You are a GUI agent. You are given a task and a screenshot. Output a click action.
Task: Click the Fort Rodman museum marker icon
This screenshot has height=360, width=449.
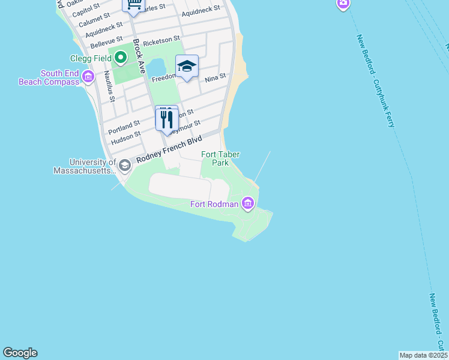click(x=248, y=204)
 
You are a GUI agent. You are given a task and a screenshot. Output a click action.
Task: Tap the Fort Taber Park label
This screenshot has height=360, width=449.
click(x=220, y=158)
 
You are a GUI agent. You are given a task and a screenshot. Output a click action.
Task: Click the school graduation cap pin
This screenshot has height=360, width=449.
click(x=187, y=66)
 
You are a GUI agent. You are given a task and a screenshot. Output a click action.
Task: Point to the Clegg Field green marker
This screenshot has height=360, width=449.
click(x=120, y=58)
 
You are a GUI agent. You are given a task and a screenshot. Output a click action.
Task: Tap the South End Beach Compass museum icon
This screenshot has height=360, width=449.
click(x=88, y=76)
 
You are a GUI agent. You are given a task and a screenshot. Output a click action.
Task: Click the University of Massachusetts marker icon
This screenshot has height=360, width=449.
click(x=124, y=165)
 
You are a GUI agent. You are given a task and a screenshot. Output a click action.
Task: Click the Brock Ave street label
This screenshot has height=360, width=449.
click(x=139, y=56)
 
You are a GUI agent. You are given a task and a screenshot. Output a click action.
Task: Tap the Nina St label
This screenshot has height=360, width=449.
click(x=215, y=78)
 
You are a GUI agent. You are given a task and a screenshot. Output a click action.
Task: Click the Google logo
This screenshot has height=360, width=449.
click(x=20, y=353)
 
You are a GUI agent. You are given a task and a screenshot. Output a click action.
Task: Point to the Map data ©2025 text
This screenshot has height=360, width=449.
click(x=423, y=355)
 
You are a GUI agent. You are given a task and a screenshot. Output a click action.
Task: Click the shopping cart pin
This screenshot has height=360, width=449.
click(x=134, y=5)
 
